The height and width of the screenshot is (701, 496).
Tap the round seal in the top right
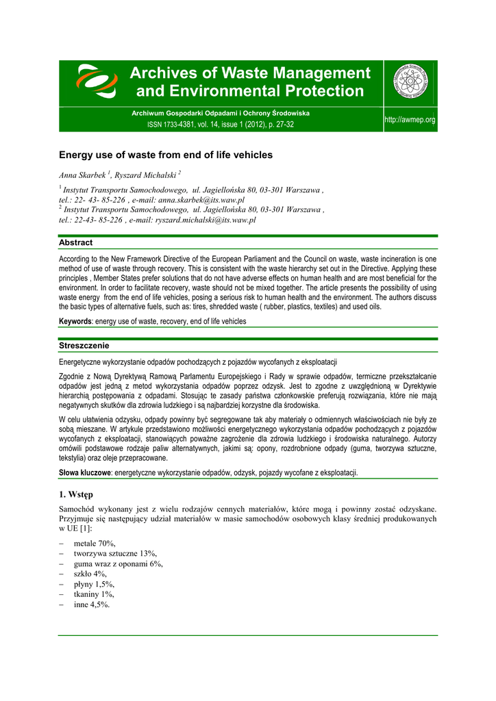[414, 82]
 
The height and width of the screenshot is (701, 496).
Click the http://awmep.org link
[410, 120]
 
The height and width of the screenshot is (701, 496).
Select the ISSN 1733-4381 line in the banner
[221, 125]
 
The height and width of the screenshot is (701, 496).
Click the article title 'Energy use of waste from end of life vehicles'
[166, 155]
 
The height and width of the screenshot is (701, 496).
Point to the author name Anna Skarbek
[82, 175]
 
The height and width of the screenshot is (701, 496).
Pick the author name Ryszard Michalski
[145, 175]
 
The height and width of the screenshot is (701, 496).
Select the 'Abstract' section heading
[75, 242]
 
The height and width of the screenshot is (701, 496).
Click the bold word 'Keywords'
[75, 321]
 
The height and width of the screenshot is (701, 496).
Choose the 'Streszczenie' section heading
[84, 346]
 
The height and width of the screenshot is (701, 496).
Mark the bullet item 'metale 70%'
[95, 543]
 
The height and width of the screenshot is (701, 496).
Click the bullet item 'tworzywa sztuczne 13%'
[115, 553]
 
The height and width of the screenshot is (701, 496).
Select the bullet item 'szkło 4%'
[90, 574]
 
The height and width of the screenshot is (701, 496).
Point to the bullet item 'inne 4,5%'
[91, 604]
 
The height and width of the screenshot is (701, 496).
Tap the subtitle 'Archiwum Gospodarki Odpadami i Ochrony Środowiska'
[221, 112]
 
